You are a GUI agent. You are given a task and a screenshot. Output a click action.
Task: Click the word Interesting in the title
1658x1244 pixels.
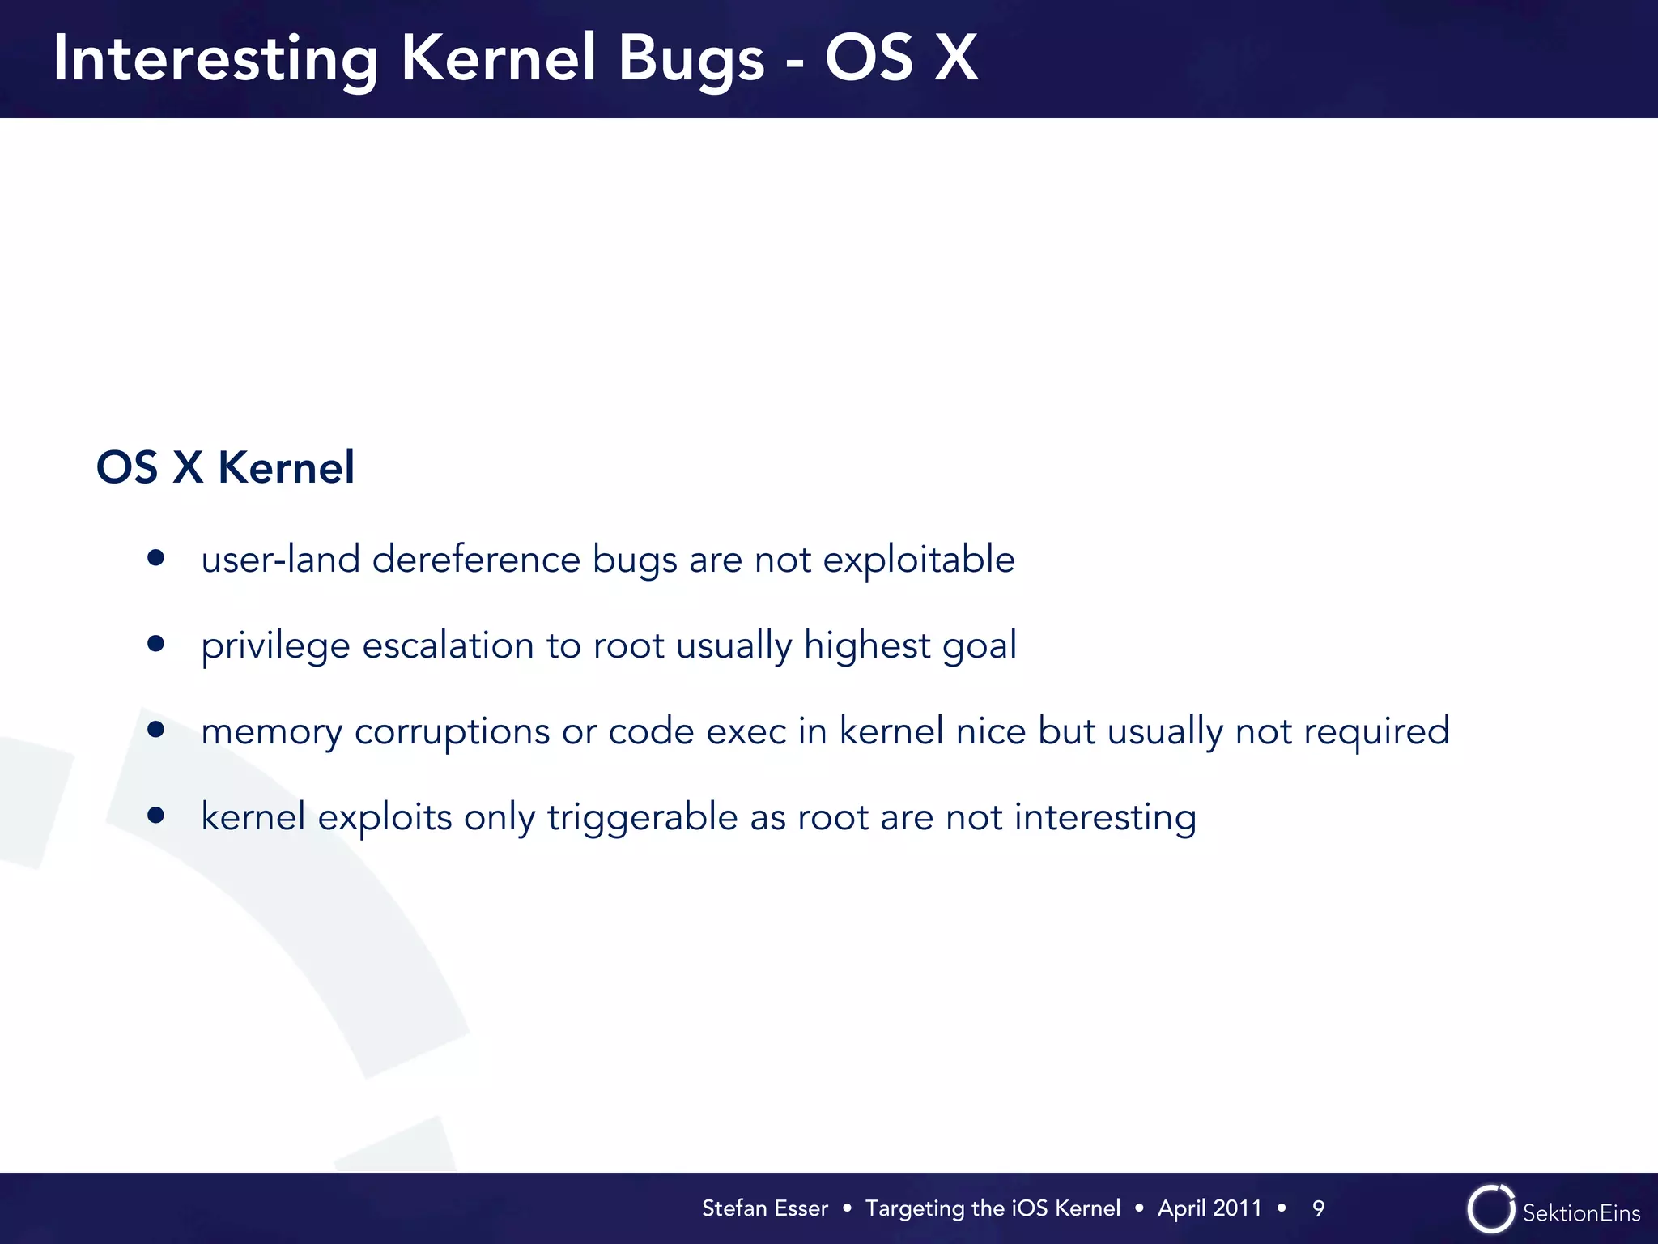tap(215, 60)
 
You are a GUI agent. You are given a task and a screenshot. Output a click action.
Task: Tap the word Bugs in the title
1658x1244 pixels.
tap(691, 60)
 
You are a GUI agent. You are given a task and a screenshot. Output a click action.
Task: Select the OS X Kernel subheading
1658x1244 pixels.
tap(225, 467)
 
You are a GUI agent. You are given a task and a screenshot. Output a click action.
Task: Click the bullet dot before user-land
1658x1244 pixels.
tap(156, 558)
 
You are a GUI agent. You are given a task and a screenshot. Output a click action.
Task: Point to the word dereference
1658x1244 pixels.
tap(476, 560)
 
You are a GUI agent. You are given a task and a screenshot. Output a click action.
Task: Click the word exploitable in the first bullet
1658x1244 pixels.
tap(918, 560)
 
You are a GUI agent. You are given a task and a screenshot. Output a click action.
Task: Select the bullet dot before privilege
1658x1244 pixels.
tap(156, 644)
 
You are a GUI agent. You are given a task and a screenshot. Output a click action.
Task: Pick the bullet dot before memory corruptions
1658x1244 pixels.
tap(156, 730)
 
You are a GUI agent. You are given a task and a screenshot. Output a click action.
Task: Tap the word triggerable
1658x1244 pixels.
tap(642, 817)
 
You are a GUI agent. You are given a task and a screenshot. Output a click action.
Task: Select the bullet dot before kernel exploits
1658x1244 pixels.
tap(156, 816)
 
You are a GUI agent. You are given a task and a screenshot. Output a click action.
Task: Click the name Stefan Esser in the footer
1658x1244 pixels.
tap(764, 1208)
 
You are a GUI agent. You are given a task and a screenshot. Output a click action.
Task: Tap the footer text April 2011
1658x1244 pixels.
tap(1209, 1208)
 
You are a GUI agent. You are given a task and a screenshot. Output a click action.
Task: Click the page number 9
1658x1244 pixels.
tap(1318, 1208)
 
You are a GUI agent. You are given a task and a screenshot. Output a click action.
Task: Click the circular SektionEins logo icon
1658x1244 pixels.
tap(1490, 1209)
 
